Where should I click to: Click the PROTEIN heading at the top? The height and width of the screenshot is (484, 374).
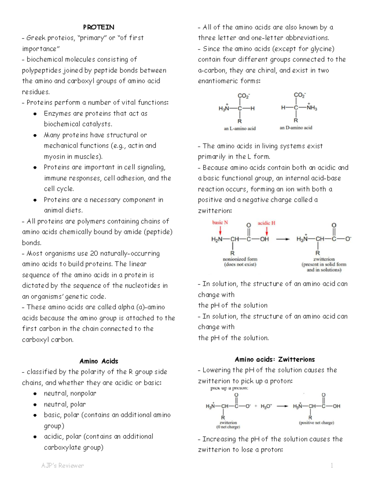coord(98,27)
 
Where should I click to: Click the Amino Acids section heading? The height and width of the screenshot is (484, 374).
coord(98,361)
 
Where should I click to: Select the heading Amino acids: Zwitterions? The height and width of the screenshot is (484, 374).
coord(275,359)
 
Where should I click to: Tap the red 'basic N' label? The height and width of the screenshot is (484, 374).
coord(220,223)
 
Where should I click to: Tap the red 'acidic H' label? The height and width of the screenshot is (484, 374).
coord(266,223)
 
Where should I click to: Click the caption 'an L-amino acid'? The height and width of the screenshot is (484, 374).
coord(240,128)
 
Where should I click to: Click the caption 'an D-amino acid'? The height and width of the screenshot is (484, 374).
coord(296,128)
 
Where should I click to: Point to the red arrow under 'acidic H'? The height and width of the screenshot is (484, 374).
coord(267,231)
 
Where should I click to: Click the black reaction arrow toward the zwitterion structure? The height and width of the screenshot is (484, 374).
coord(283,239)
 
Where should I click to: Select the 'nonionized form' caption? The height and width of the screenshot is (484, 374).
coord(240,259)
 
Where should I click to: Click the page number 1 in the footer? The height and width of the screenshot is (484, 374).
coord(332,466)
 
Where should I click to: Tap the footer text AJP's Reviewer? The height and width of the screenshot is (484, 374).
coord(63,466)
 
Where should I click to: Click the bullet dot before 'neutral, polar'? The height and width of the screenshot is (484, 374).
coord(35,405)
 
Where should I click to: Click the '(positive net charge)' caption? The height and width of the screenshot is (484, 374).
coord(316,423)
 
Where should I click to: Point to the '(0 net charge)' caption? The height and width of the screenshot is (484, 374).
coord(228,427)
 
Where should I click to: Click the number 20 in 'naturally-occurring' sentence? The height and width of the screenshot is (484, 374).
coord(94,253)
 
